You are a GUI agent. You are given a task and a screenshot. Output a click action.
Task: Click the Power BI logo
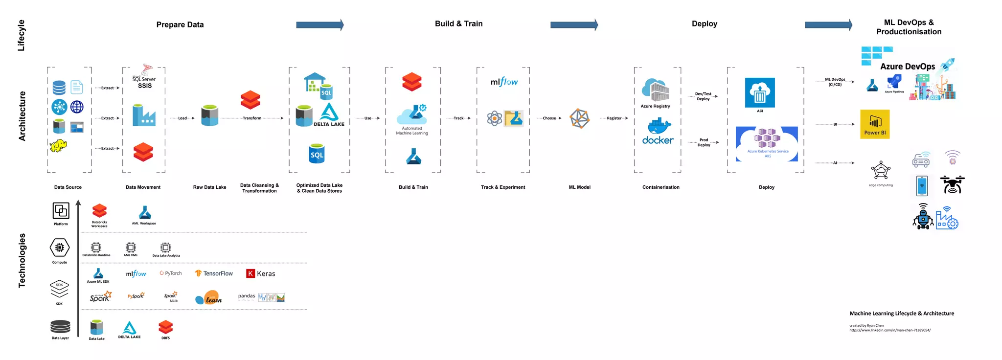[x=875, y=124]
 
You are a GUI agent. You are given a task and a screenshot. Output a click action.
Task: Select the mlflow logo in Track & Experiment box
[x=504, y=82]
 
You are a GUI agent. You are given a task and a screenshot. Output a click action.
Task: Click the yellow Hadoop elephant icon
[x=58, y=145]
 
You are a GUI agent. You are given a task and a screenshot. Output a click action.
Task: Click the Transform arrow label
[x=252, y=118]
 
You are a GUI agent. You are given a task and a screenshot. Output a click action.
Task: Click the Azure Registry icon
[x=656, y=90]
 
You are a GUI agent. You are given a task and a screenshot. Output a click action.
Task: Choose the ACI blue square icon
[x=760, y=92]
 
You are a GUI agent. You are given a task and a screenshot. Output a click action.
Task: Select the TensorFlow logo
[x=214, y=273]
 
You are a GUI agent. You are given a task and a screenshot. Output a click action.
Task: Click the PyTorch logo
[x=171, y=273]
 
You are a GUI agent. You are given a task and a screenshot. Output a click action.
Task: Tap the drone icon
[x=952, y=185]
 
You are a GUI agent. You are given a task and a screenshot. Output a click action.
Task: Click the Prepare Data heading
[x=180, y=24]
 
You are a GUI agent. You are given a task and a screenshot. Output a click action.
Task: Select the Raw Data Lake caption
[x=209, y=187]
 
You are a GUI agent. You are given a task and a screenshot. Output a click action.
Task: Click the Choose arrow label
[x=549, y=118]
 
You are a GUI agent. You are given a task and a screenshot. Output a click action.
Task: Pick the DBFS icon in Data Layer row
[x=166, y=327]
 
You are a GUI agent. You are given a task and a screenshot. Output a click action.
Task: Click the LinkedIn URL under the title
[x=890, y=330]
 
